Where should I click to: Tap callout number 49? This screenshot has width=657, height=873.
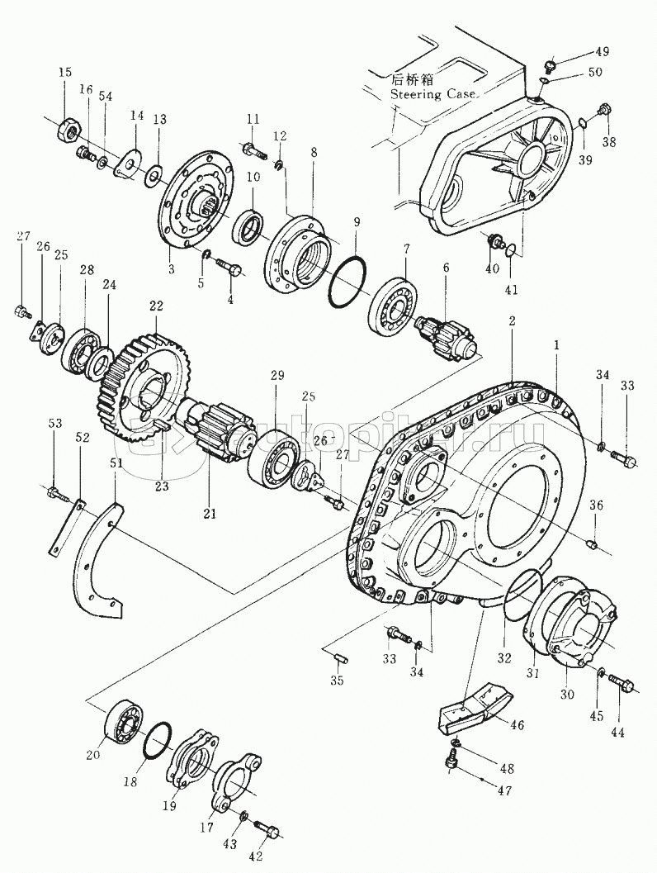click(x=603, y=52)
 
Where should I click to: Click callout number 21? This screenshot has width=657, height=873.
click(x=209, y=514)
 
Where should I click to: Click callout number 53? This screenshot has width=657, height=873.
click(x=54, y=424)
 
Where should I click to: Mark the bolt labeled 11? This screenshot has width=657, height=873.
click(x=253, y=150)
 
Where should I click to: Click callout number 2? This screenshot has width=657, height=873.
click(x=513, y=320)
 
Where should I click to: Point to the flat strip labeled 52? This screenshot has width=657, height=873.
click(x=66, y=529)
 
